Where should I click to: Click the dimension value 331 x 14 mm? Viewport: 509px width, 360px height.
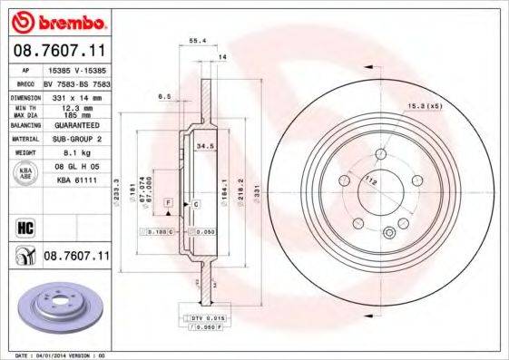[x=72, y=96]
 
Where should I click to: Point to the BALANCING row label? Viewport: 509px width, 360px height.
[x=23, y=127]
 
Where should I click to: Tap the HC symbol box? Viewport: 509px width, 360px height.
[x=25, y=227]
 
